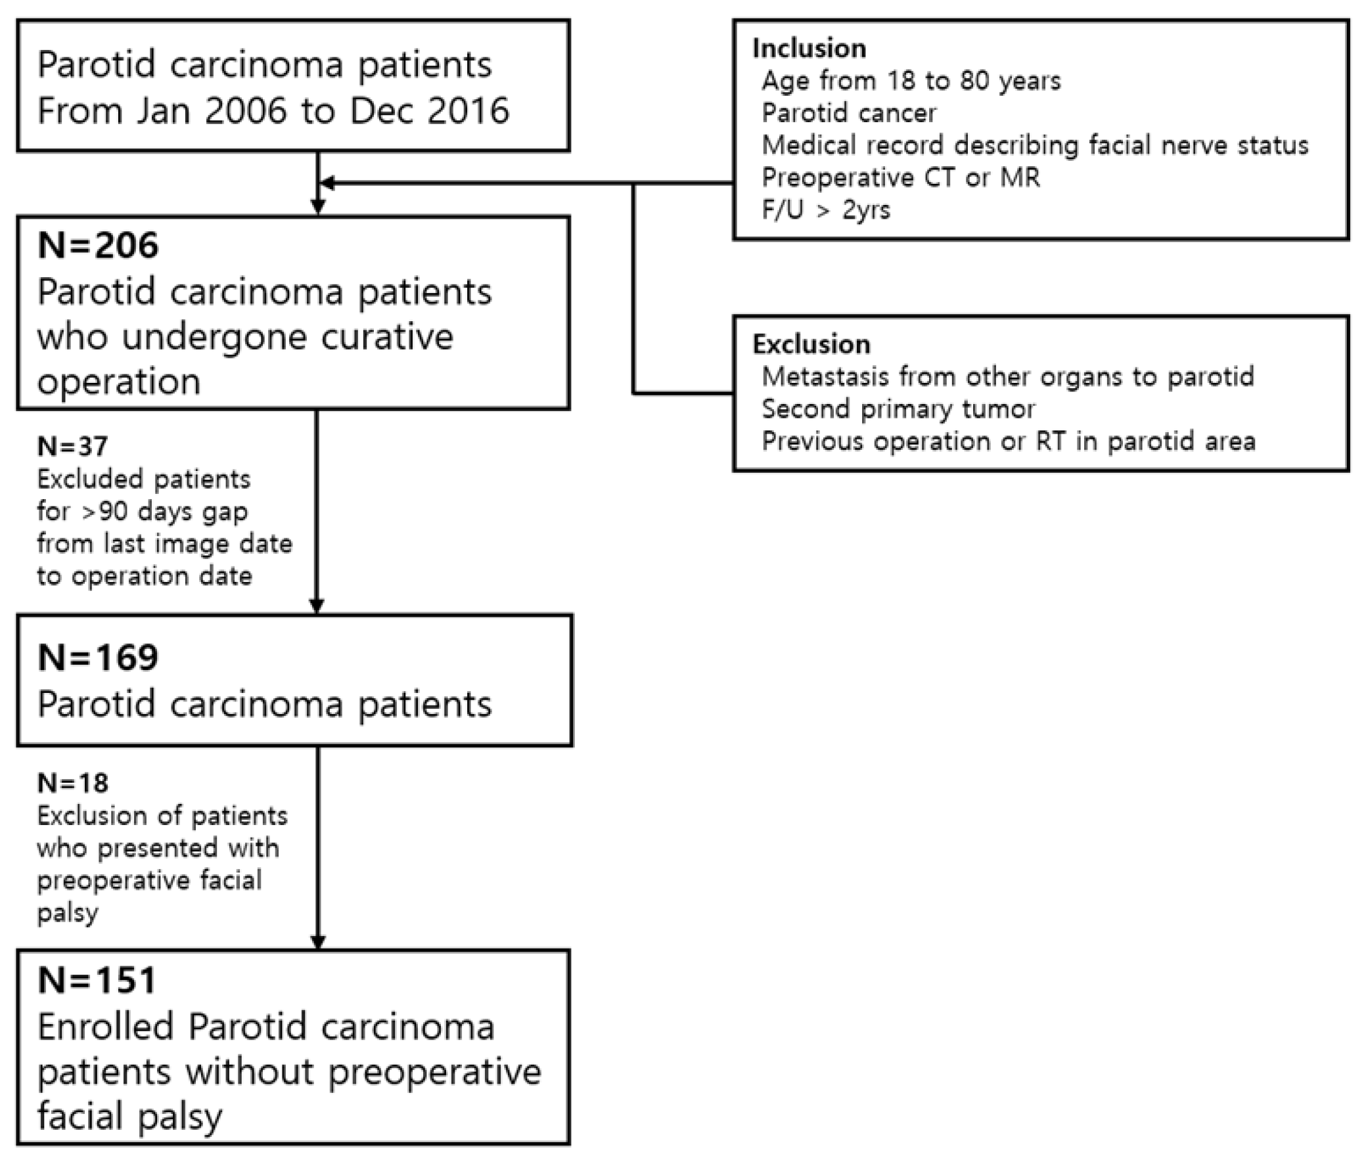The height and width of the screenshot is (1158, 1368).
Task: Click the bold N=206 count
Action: [x=98, y=245]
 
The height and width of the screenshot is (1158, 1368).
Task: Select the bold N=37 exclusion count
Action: [x=72, y=447]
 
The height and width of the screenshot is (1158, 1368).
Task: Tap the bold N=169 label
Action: [x=98, y=657]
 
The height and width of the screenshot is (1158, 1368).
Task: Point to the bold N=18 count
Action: [x=72, y=783]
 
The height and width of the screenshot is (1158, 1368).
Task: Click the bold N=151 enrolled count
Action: [x=97, y=980]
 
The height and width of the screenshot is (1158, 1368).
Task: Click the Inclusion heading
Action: [x=809, y=49]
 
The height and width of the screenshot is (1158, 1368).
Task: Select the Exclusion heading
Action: [x=811, y=344]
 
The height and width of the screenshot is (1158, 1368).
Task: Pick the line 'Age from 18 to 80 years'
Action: [x=911, y=81]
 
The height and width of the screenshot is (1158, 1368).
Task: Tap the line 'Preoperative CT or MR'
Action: [x=900, y=177]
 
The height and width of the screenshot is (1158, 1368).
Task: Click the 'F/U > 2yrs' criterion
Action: [x=825, y=210]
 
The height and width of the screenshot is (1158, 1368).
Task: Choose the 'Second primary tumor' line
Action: [x=898, y=409]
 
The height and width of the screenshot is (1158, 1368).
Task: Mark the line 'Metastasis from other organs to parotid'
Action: [x=1007, y=377]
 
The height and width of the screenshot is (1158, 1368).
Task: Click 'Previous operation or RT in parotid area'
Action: [x=1008, y=441]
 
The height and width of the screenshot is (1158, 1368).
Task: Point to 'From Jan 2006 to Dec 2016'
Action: [x=273, y=110]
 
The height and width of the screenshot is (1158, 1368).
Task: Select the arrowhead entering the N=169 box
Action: [x=317, y=606]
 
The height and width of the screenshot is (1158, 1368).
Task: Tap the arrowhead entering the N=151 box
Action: [x=318, y=942]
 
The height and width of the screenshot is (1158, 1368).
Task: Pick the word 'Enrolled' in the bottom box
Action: [x=104, y=1027]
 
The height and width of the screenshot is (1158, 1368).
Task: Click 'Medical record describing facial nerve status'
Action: [x=1034, y=145]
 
